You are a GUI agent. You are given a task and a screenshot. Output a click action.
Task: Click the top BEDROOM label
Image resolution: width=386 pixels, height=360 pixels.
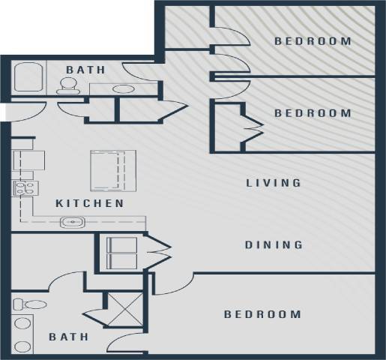(x=313, y=41)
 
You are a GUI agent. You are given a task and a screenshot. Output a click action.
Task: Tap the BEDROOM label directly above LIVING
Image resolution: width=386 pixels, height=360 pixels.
(x=313, y=113)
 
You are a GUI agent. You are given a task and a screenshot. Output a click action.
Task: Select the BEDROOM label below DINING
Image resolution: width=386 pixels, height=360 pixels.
(x=262, y=314)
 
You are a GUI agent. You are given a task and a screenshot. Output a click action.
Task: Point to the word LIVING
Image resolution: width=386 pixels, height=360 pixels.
(x=274, y=182)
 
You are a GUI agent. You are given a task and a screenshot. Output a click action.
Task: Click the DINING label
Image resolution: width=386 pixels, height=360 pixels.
(x=274, y=244)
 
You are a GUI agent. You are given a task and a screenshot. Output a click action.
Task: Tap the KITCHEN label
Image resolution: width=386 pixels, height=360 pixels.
(x=90, y=203)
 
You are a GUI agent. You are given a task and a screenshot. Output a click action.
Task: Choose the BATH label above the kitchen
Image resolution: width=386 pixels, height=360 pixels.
(x=85, y=70)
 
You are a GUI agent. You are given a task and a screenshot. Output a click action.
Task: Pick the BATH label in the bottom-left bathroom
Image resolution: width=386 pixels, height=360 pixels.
(x=69, y=337)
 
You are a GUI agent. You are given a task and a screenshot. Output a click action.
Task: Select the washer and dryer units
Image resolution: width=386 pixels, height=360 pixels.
(x=121, y=253)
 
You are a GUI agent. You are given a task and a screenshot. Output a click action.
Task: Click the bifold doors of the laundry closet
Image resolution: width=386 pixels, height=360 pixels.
(x=160, y=253)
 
